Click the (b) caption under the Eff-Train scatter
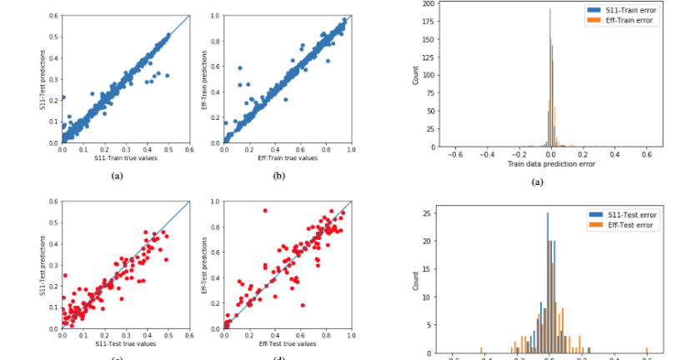pos(287,177)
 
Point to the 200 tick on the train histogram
pos(428,3)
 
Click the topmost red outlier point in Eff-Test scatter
pos(265,210)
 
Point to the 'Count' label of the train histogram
pos(414,75)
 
